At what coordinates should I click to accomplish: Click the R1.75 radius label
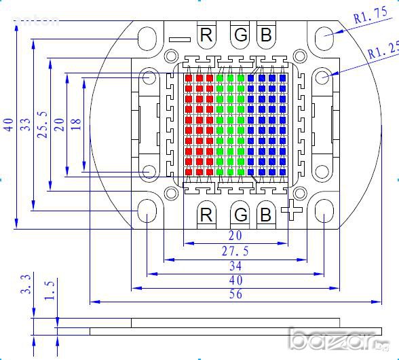click(x=370, y=15)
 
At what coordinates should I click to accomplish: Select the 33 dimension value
click(x=26, y=124)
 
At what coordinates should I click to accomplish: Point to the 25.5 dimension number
click(x=42, y=124)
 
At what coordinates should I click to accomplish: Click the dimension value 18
click(x=76, y=124)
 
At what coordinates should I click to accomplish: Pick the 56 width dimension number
click(x=235, y=294)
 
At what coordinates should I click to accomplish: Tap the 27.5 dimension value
click(x=235, y=251)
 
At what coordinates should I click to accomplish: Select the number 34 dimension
click(x=235, y=266)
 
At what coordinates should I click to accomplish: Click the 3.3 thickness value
click(x=26, y=284)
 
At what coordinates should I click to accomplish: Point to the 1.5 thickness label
click(x=50, y=291)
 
